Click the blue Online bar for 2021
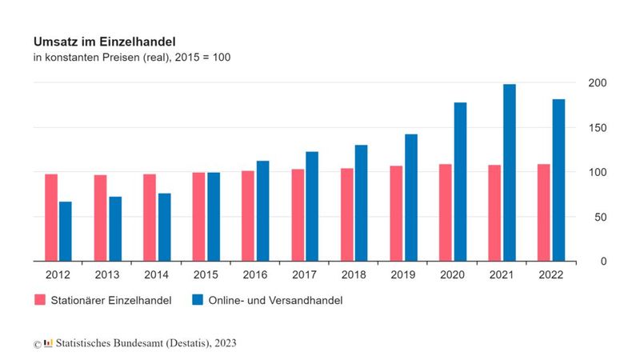click(509, 172)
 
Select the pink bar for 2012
click(51, 217)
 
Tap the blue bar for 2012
click(66, 231)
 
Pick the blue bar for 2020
click(460, 182)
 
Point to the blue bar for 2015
click(214, 216)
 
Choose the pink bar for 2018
click(346, 214)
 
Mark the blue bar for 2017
click(312, 206)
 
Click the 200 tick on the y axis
click(597, 83)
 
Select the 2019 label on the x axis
click(404, 274)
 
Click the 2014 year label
click(157, 274)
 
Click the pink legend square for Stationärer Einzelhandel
click(39, 300)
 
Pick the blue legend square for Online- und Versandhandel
click(198, 300)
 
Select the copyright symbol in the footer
click(37, 344)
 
